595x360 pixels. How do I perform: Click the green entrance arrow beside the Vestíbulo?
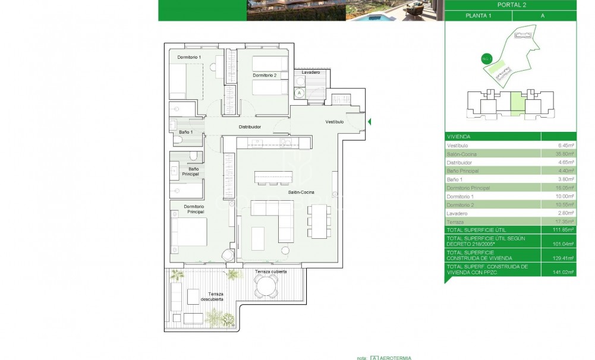point(370,122)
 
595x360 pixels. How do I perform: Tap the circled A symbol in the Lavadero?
point(300,93)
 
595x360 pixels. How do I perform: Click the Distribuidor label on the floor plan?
point(250,127)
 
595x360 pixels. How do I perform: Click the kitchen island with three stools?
point(273,178)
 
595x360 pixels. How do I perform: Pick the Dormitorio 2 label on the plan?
point(264,75)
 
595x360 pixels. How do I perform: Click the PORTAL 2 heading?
point(511,5)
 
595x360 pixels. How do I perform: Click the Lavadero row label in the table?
point(457,213)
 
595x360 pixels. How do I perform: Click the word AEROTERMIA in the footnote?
point(396,358)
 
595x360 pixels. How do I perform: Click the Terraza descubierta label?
point(212,296)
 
